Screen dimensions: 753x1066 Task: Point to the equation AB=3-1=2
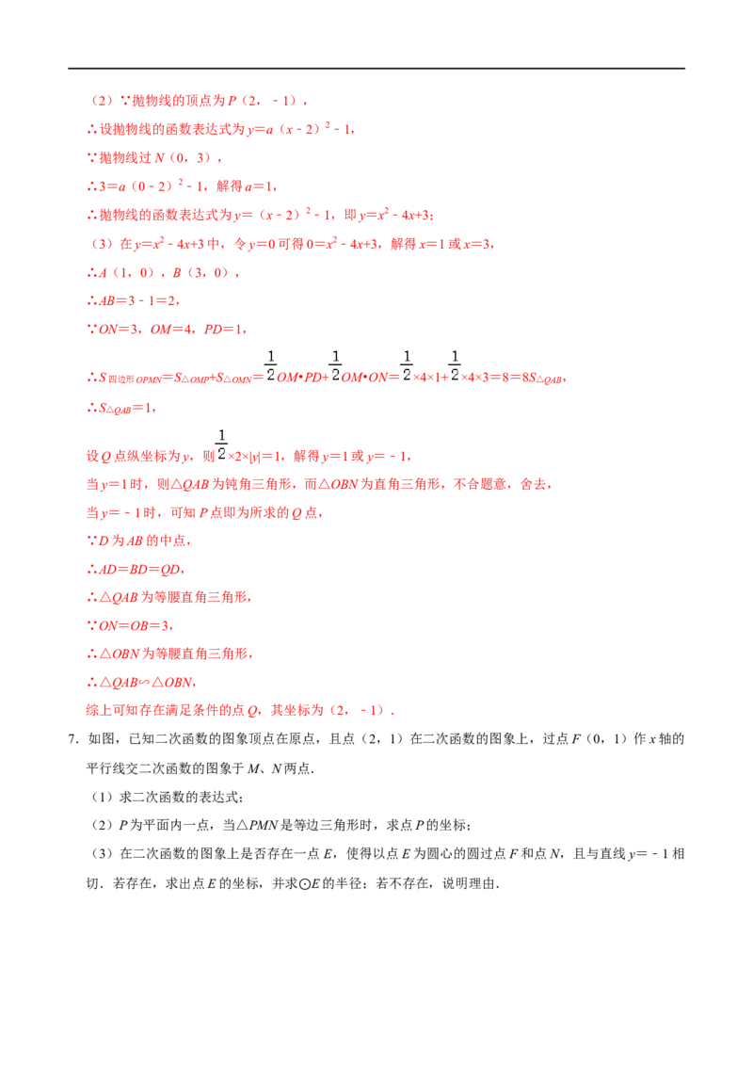click(139, 300)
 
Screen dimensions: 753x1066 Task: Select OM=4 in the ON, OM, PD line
click(171, 329)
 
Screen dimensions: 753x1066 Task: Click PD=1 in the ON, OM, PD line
click(224, 329)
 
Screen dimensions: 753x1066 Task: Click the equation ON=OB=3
click(135, 625)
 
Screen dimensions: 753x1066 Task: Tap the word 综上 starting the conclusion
click(99, 710)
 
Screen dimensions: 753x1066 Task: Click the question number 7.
click(72, 739)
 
